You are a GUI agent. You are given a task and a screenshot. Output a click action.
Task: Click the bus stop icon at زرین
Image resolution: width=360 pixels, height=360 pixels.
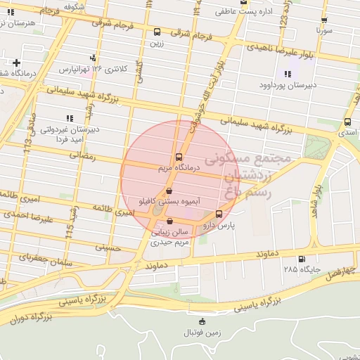pos(157,32)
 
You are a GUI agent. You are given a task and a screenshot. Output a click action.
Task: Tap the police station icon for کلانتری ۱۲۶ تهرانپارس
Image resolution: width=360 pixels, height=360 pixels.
pos(92,58)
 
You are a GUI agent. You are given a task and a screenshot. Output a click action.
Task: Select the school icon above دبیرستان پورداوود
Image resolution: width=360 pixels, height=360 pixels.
pos(288,75)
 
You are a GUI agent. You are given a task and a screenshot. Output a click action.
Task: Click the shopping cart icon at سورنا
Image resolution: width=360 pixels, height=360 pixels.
pos(323,20)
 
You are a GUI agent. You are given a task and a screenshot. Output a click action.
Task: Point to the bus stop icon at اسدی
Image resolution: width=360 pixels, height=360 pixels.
pos(347,122)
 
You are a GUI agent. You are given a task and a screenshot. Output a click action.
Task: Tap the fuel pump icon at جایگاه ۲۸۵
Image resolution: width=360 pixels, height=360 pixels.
pos(302,259)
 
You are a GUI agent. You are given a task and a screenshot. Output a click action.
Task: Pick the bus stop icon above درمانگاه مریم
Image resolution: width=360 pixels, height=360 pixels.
pos(178,157)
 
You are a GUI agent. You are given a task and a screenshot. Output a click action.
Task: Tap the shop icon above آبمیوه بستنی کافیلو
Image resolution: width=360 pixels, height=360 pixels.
pos(168,191)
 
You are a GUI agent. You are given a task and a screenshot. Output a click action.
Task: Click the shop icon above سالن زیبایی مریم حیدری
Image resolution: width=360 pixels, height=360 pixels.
pos(169,221)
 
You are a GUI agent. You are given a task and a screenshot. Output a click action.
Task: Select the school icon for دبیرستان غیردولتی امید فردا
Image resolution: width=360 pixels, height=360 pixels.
pos(68,118)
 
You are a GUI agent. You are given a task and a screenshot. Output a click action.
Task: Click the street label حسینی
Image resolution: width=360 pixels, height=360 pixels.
pos(109,247)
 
